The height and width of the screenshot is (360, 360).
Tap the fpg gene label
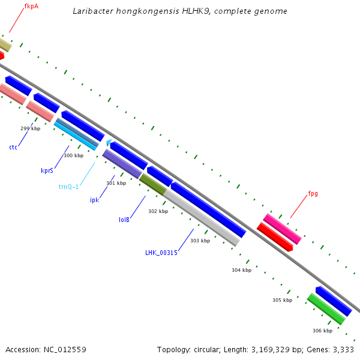(313, 194)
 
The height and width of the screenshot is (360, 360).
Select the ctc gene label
(13, 147)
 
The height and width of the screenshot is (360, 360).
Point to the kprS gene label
(47, 170)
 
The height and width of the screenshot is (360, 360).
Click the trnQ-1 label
(68, 187)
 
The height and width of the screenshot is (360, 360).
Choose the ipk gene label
(94, 200)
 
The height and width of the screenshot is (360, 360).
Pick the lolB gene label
(124, 219)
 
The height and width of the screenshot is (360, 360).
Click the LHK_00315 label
(161, 253)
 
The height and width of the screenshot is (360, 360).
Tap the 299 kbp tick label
(30, 128)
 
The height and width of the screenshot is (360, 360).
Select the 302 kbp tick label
(158, 211)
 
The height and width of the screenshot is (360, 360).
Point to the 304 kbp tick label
(241, 270)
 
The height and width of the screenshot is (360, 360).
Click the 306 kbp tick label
(322, 331)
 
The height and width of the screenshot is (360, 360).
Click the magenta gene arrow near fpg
(282, 229)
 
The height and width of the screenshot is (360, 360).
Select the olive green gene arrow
(153, 184)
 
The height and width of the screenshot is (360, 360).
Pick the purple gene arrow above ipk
(122, 164)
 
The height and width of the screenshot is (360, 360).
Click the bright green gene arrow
(326, 309)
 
